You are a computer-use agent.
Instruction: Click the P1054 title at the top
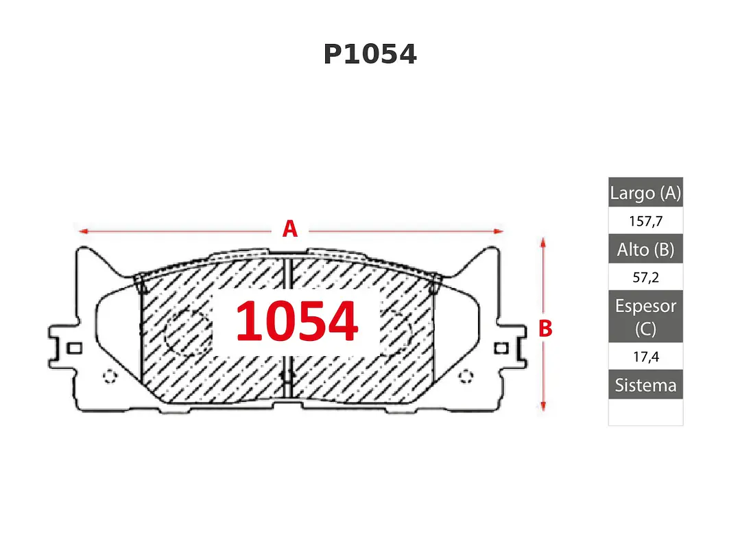(x=370, y=54)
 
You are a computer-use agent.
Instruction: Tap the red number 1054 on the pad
(x=297, y=321)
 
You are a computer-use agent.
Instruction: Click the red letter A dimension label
(x=290, y=229)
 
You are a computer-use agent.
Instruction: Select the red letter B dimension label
(x=545, y=329)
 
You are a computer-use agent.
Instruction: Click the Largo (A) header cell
(x=645, y=193)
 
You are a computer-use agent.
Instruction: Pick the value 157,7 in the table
(x=645, y=221)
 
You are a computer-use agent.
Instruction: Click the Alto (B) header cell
(x=645, y=249)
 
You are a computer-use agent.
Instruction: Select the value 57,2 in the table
(x=645, y=277)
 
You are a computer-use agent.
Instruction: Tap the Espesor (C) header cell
(x=645, y=317)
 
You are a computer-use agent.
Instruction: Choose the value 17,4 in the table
(x=645, y=356)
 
